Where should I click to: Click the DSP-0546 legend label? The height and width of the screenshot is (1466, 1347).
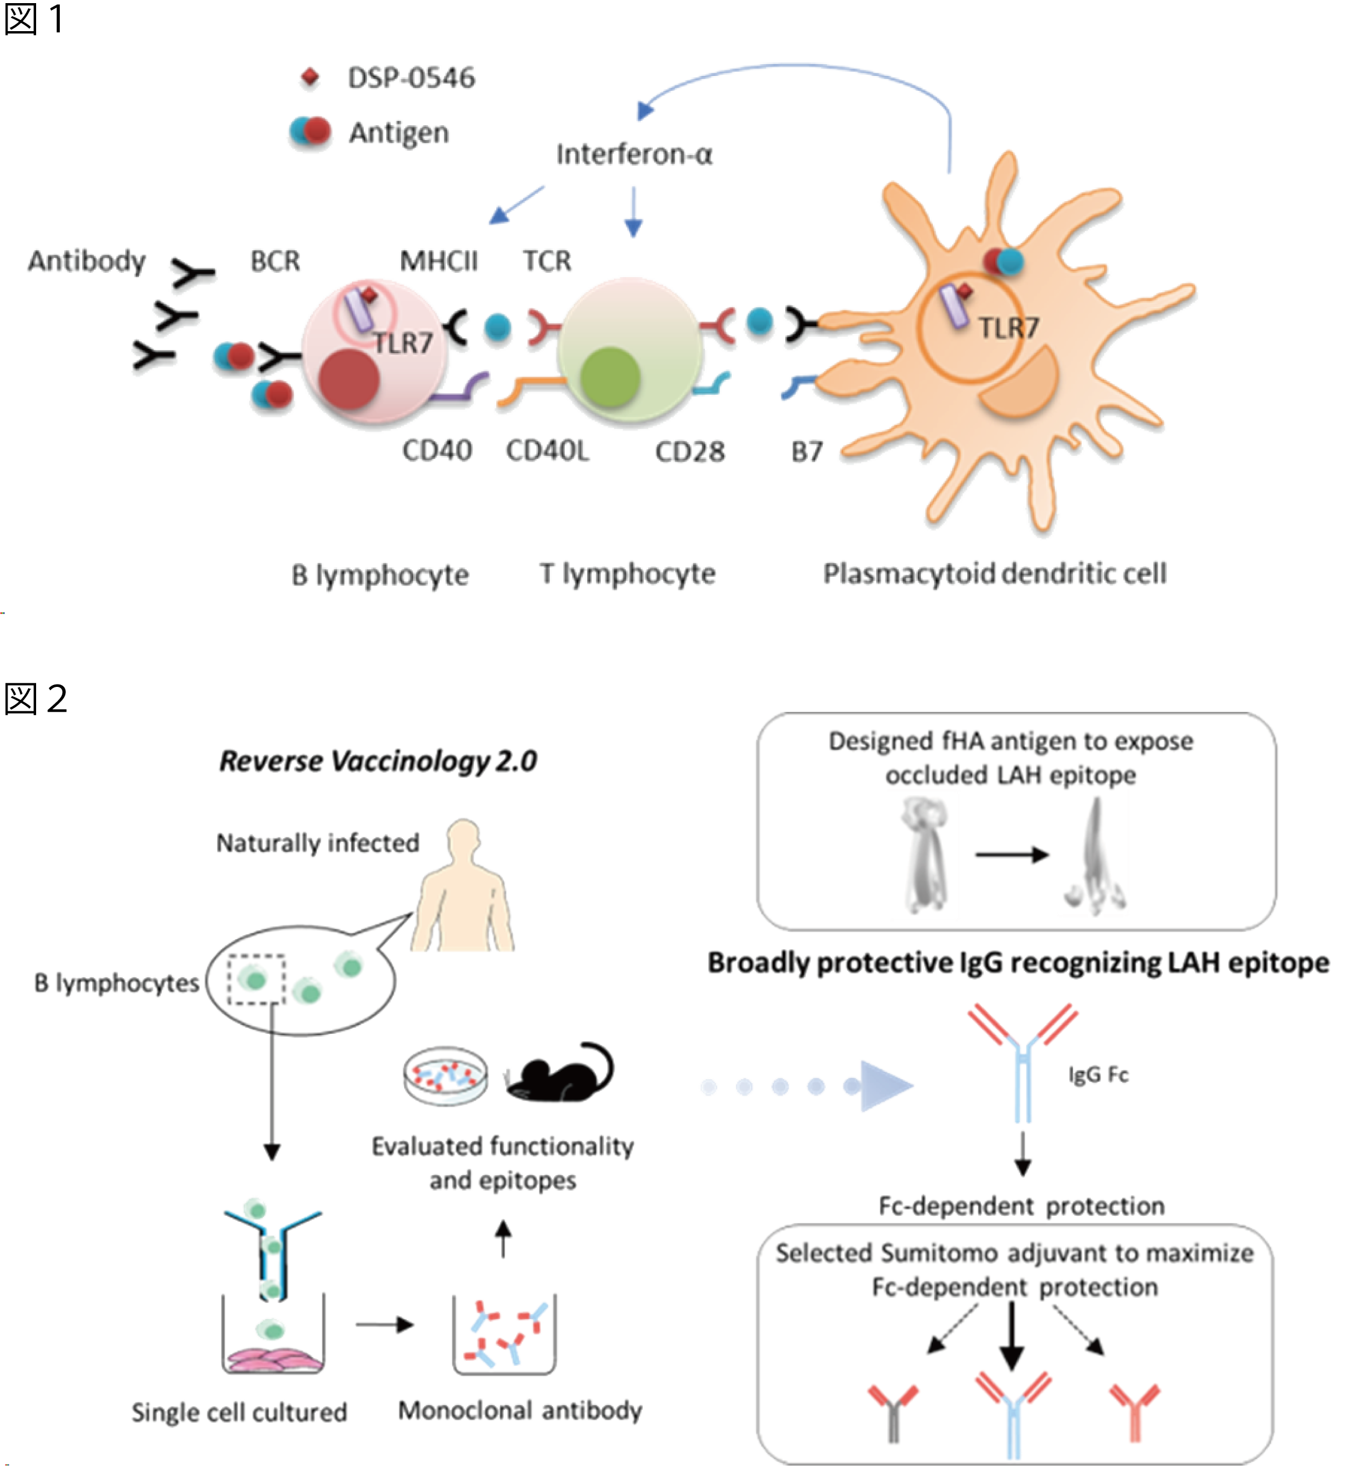(411, 77)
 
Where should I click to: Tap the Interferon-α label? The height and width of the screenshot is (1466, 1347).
(634, 154)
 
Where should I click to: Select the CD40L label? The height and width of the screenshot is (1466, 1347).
(548, 452)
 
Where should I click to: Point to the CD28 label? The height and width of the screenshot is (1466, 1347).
(689, 452)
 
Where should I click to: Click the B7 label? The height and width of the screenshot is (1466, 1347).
(807, 452)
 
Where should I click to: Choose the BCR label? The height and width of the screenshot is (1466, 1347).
(275, 260)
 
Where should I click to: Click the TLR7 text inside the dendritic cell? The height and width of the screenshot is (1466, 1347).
(1008, 328)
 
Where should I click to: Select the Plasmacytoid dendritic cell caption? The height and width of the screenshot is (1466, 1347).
(994, 574)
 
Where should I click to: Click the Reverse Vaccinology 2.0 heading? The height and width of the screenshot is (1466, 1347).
(377, 761)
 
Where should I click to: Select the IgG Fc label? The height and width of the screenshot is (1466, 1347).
(1099, 1074)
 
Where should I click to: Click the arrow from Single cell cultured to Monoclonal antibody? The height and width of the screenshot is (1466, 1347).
(384, 1325)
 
